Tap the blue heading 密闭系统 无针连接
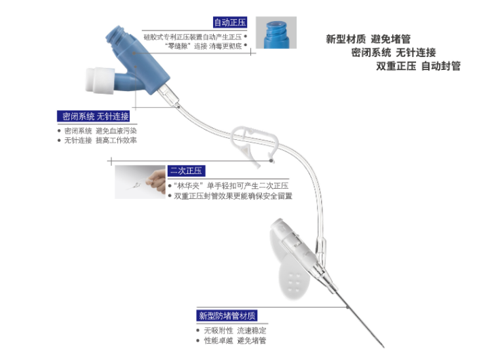pos(94,116)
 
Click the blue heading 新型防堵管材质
pos(227,316)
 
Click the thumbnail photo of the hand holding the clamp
pos(138,182)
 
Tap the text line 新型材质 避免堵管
pos(369,39)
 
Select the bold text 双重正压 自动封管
pos(418,66)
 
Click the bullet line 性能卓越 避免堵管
pos(235,341)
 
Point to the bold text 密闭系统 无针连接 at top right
pos(393,52)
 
